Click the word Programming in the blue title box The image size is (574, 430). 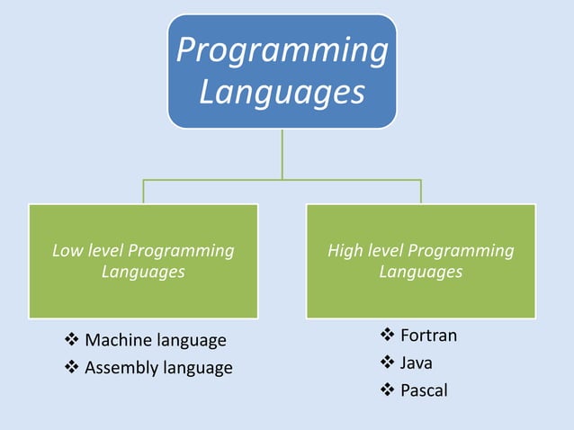pos(282,50)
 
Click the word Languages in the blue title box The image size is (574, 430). pos(282,92)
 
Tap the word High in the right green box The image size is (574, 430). pos(344,251)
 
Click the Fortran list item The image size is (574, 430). pos(428,336)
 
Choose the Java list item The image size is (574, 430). pos(416,363)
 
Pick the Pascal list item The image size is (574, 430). pos(423,390)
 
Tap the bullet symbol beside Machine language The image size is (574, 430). pos(72,340)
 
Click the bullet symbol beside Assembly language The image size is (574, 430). pos(72,367)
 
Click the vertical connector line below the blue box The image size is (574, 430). pos(282,153)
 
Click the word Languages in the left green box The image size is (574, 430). pos(143,271)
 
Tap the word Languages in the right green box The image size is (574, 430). pos(420,271)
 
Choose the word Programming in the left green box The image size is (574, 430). pos(180,251)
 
